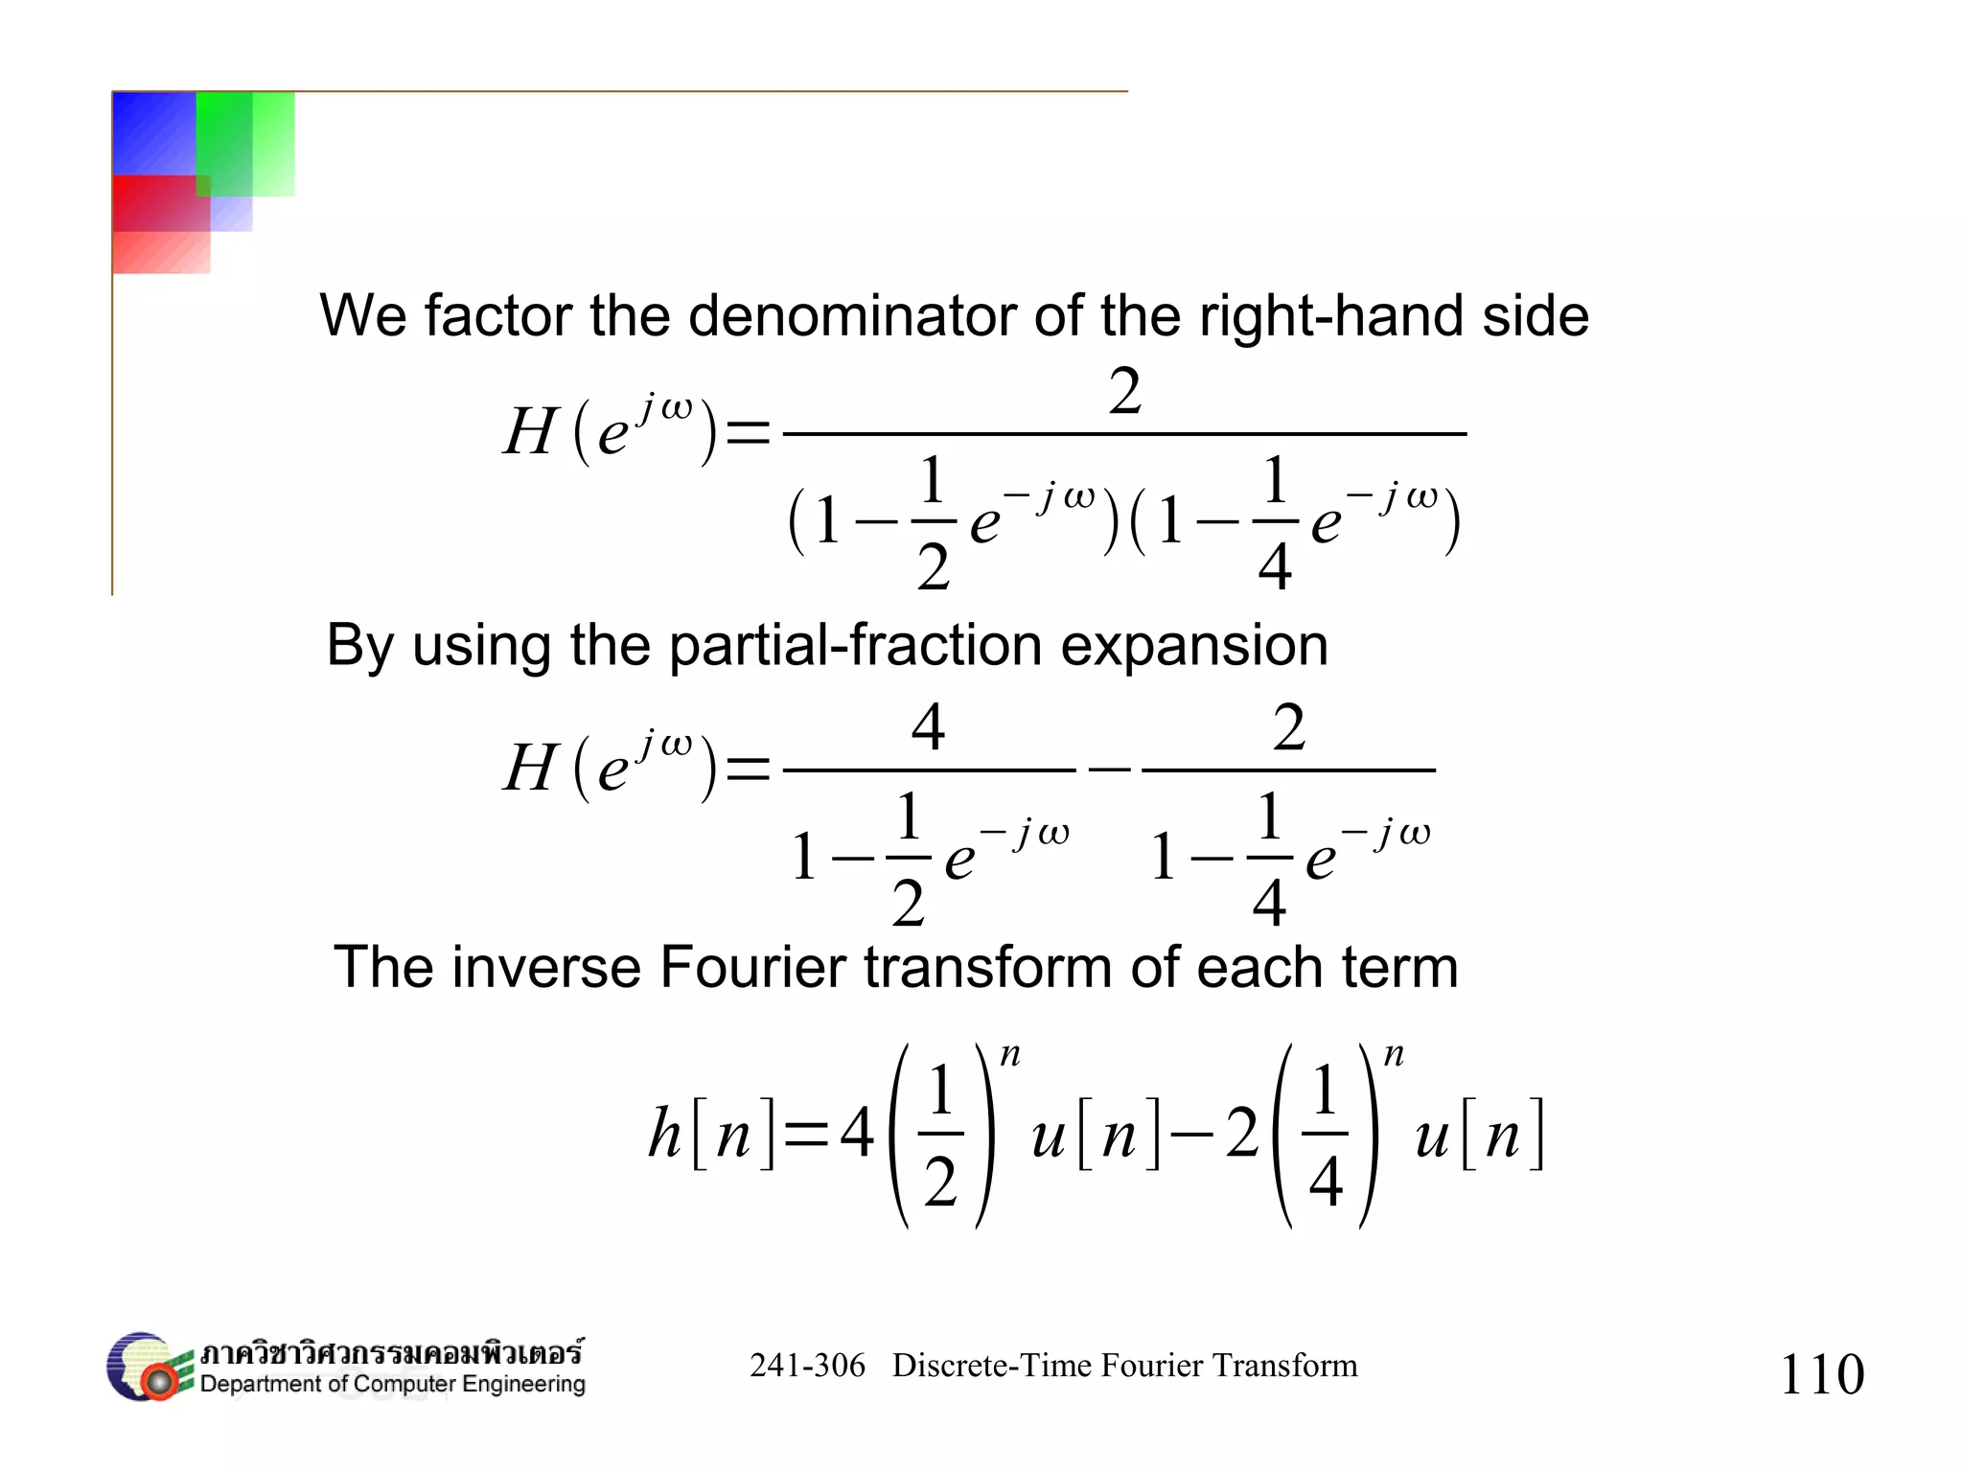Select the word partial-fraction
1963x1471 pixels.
tap(855, 645)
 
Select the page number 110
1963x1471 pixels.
tap(1821, 1374)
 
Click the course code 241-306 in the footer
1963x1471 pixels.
tap(807, 1366)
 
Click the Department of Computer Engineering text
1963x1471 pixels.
tap(393, 1385)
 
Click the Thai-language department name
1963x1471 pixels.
tap(391, 1353)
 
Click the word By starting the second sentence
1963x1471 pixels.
tap(359, 645)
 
